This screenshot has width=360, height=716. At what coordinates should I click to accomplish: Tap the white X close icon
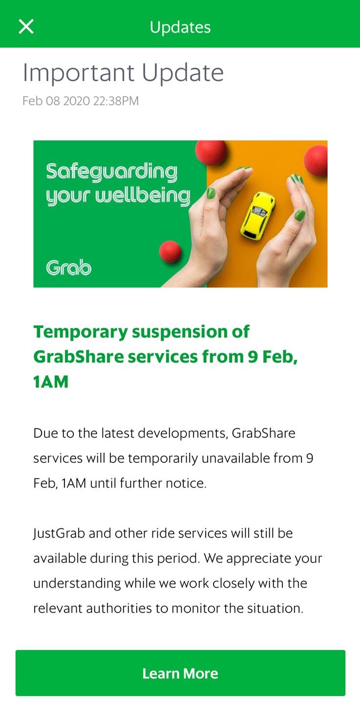tap(26, 26)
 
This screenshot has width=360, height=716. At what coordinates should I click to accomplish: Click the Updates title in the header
tap(180, 28)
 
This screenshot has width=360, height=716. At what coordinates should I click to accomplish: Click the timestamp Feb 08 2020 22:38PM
tap(81, 101)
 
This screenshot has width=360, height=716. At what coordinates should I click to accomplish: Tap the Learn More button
tap(180, 673)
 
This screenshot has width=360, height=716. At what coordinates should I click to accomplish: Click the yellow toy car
tap(258, 215)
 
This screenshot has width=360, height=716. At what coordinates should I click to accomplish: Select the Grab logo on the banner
tap(68, 267)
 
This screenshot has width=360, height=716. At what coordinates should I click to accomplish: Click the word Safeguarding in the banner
tap(111, 172)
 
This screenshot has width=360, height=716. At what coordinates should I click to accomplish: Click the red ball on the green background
tap(170, 252)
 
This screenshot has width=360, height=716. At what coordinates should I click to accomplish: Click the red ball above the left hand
tap(211, 152)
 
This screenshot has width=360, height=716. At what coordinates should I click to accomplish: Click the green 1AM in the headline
tap(51, 381)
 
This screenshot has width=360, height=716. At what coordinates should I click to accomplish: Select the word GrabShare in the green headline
tap(78, 357)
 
